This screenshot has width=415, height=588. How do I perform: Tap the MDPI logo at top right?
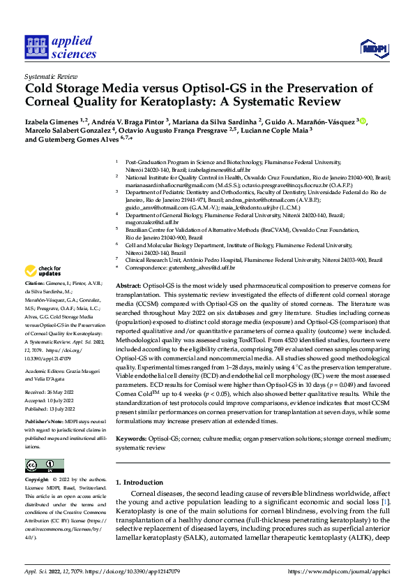coord(373,47)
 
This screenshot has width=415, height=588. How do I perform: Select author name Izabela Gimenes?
coord(50,122)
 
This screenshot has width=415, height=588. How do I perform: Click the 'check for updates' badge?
coord(43,271)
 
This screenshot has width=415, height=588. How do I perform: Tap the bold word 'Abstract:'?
coord(128,287)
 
